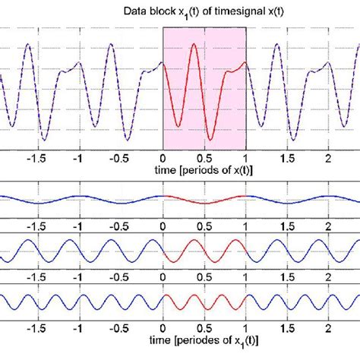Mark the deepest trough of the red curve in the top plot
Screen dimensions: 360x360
(210, 141)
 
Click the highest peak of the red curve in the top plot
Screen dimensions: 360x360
(194, 44)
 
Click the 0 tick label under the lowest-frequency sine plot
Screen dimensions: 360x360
(163, 226)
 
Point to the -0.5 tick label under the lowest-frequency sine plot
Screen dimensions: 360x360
(118, 226)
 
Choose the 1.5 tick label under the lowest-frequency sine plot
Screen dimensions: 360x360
(286, 226)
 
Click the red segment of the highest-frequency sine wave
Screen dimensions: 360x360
(204, 299)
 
